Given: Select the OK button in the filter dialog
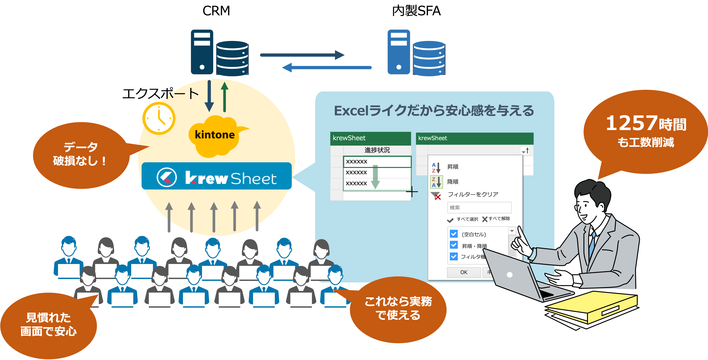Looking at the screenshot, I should tap(464, 272).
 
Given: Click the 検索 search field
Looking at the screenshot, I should tap(479, 208).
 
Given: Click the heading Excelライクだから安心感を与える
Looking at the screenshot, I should tap(434, 111).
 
